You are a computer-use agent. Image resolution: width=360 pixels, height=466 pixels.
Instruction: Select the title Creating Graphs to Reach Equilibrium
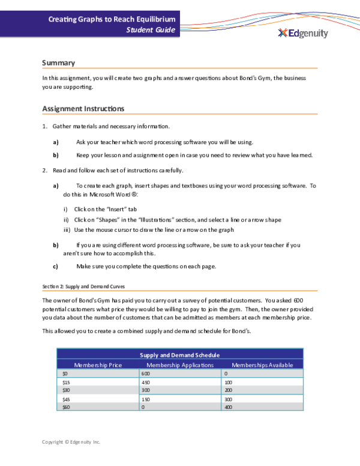pyautogui.click(x=112, y=19)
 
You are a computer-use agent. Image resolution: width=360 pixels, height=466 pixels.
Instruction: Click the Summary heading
pyautogui.click(x=58, y=62)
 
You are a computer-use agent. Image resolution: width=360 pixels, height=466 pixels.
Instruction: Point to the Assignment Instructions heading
pyautogui.click(x=83, y=109)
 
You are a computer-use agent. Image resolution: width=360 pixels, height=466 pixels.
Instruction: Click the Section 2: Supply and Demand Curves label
pyautogui.click(x=83, y=286)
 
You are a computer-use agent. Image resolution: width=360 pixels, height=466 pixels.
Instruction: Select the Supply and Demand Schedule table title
pyautogui.click(x=179, y=356)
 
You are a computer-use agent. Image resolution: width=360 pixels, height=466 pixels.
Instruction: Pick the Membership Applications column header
pyautogui.click(x=180, y=365)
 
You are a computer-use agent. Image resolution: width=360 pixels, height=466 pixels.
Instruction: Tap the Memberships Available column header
pyautogui.click(x=262, y=365)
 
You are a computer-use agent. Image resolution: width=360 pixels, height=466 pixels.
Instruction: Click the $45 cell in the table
pyautogui.click(x=67, y=399)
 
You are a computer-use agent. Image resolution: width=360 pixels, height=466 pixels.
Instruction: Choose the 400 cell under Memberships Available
pyautogui.click(x=227, y=407)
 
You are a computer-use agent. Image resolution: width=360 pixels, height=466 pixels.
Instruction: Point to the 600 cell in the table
pyautogui.click(x=145, y=373)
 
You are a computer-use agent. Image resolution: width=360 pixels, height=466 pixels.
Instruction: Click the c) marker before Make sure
pyautogui.click(x=56, y=266)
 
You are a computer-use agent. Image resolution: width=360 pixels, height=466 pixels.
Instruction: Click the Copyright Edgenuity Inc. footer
pyautogui.click(x=71, y=442)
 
